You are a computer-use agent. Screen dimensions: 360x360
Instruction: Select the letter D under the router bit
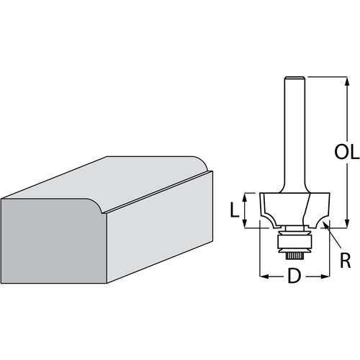[x=293, y=276]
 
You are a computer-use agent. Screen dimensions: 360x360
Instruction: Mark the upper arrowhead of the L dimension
[x=246, y=195]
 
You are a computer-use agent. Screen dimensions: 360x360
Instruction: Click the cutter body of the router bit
[x=292, y=209]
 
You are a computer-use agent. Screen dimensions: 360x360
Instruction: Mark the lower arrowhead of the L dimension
[x=246, y=225]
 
